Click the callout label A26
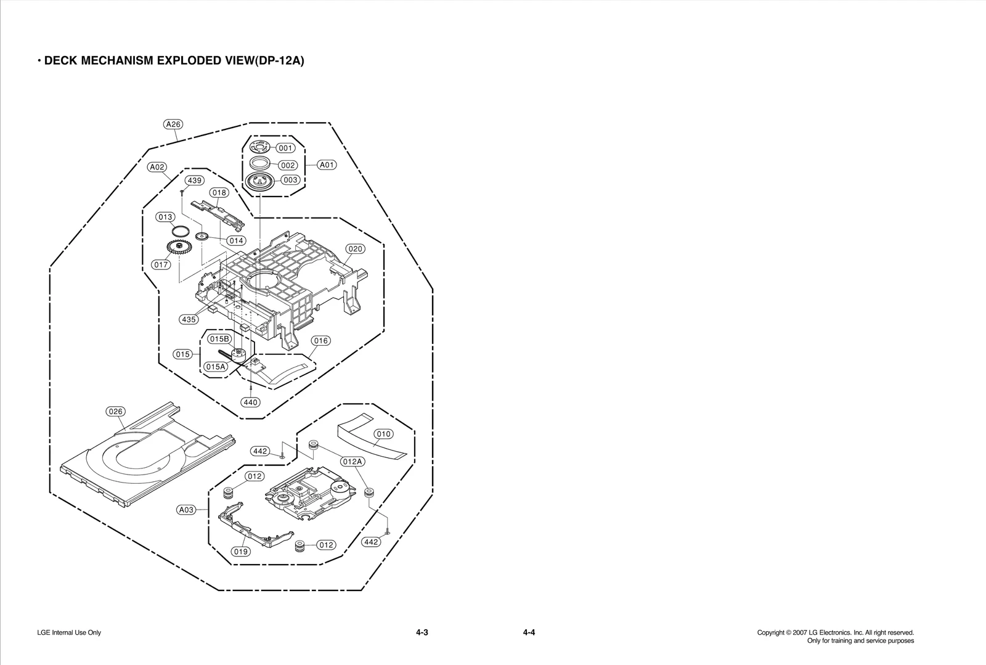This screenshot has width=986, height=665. [x=173, y=124]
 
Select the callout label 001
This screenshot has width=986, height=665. [x=285, y=148]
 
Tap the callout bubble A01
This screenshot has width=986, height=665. [x=327, y=165]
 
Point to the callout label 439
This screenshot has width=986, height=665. [x=195, y=181]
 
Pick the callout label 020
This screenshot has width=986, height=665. [x=356, y=249]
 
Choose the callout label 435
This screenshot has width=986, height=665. [x=189, y=319]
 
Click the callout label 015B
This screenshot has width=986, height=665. [x=219, y=339]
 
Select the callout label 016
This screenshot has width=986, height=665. [x=320, y=341]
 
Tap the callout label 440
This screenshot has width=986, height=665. [x=250, y=402]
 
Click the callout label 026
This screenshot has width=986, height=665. [x=115, y=412]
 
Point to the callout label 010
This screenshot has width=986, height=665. [x=384, y=434]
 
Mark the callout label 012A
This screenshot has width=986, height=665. [x=352, y=462]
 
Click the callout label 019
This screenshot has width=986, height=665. [x=241, y=552]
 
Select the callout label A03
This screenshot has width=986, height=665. [x=186, y=510]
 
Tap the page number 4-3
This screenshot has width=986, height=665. [x=422, y=632]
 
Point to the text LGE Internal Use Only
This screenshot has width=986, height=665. [x=69, y=633]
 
